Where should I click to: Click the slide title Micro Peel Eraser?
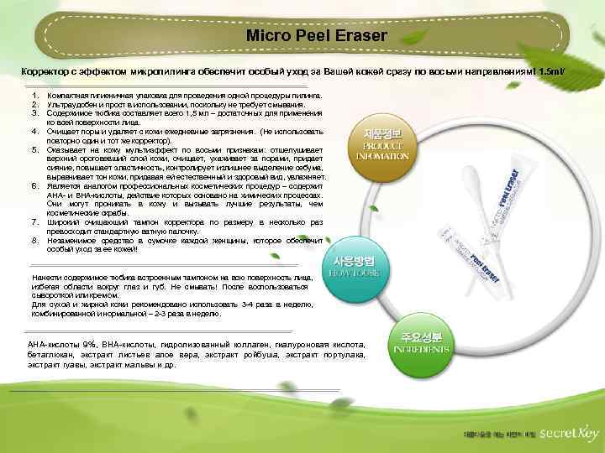[317, 36]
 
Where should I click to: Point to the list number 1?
[34, 97]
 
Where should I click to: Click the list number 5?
[34, 149]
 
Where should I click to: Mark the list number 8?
[34, 241]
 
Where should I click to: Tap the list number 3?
[34, 112]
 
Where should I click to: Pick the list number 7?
[34, 222]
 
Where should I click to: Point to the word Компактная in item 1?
[70, 97]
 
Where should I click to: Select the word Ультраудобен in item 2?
[72, 105]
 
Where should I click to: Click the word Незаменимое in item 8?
[73, 241]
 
